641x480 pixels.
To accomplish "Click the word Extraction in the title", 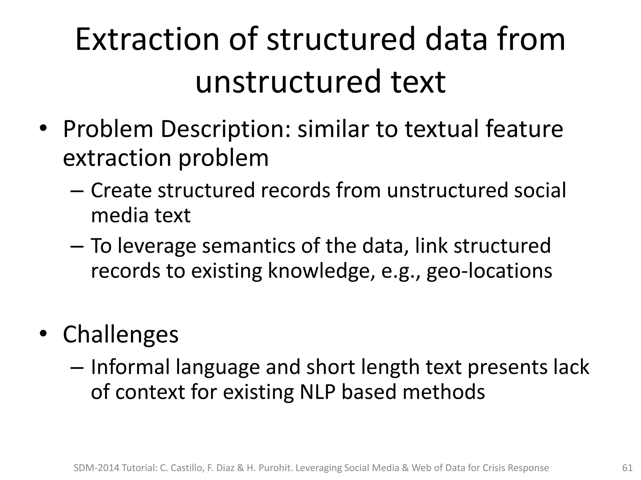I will (147, 40).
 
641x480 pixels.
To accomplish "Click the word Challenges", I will (121, 334).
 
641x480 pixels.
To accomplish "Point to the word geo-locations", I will (489, 271).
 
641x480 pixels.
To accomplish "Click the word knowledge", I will (319, 271).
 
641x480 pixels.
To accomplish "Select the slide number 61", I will (627, 468).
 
